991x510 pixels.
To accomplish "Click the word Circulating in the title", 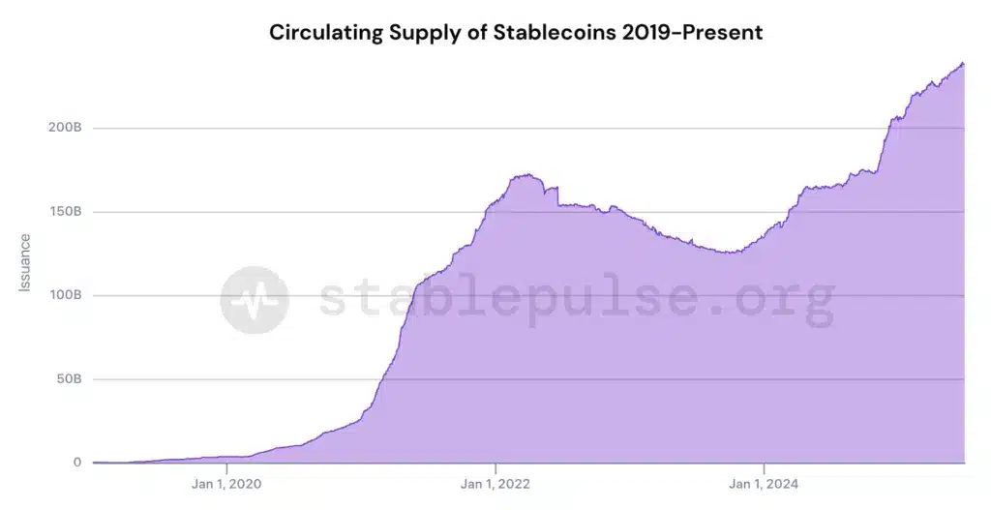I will pyautogui.click(x=324, y=32).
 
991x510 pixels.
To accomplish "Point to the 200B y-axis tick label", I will pyautogui.click(x=65, y=128).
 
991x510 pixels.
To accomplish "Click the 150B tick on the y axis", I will pyautogui.click(x=65, y=211).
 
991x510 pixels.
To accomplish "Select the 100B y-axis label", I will pyautogui.click(x=65, y=295).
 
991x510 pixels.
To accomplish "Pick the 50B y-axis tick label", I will pyautogui.click(x=68, y=378).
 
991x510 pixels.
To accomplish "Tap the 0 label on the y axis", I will pyautogui.click(x=77, y=463).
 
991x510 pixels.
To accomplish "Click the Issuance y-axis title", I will pyautogui.click(x=25, y=262).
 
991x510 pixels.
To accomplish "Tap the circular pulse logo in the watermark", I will pyautogui.click(x=254, y=300).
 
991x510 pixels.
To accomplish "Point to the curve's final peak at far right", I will pyautogui.click(x=963, y=64).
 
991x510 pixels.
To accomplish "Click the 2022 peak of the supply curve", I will pyautogui.click(x=525, y=175).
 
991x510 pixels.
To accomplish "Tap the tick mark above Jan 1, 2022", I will pyautogui.click(x=495, y=466).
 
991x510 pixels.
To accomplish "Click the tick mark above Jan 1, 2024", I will pyautogui.click(x=764, y=466).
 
